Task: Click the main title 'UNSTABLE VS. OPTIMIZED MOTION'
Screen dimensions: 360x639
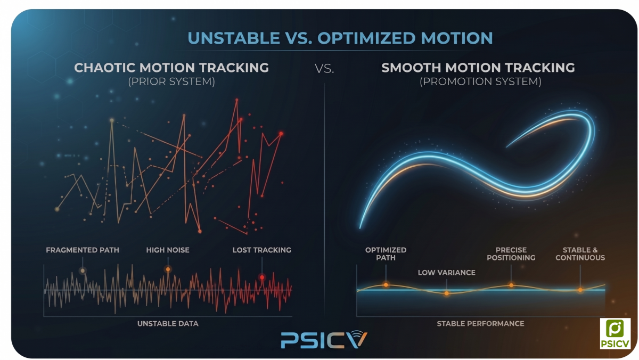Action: pos(341,38)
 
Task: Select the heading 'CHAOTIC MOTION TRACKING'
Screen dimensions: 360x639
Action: pos(171,68)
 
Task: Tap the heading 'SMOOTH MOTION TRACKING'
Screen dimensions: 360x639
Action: pos(478,68)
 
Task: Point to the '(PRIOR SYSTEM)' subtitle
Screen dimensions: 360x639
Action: pos(171,82)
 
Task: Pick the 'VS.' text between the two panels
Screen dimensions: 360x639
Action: pos(324,69)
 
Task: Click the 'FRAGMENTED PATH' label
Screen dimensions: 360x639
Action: pos(83,250)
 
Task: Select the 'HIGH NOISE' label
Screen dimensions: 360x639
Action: pos(168,250)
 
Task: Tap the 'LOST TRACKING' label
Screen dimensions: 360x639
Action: pos(262,250)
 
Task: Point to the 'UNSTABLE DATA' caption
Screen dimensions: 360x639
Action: pos(168,323)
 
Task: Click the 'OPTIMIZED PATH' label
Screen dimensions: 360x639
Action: pos(386,253)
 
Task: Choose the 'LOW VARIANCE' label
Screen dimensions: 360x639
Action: pos(447,273)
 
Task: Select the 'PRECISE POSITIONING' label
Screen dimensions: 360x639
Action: pos(511,253)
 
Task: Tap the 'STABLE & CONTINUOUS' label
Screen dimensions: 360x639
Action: pos(580,253)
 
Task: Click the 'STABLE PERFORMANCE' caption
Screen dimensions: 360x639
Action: pos(480,323)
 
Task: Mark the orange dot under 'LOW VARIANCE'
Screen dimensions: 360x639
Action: pos(447,293)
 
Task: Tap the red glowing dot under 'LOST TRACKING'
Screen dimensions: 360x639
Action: pos(262,277)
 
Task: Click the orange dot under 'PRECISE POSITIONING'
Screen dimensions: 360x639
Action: pos(511,285)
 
